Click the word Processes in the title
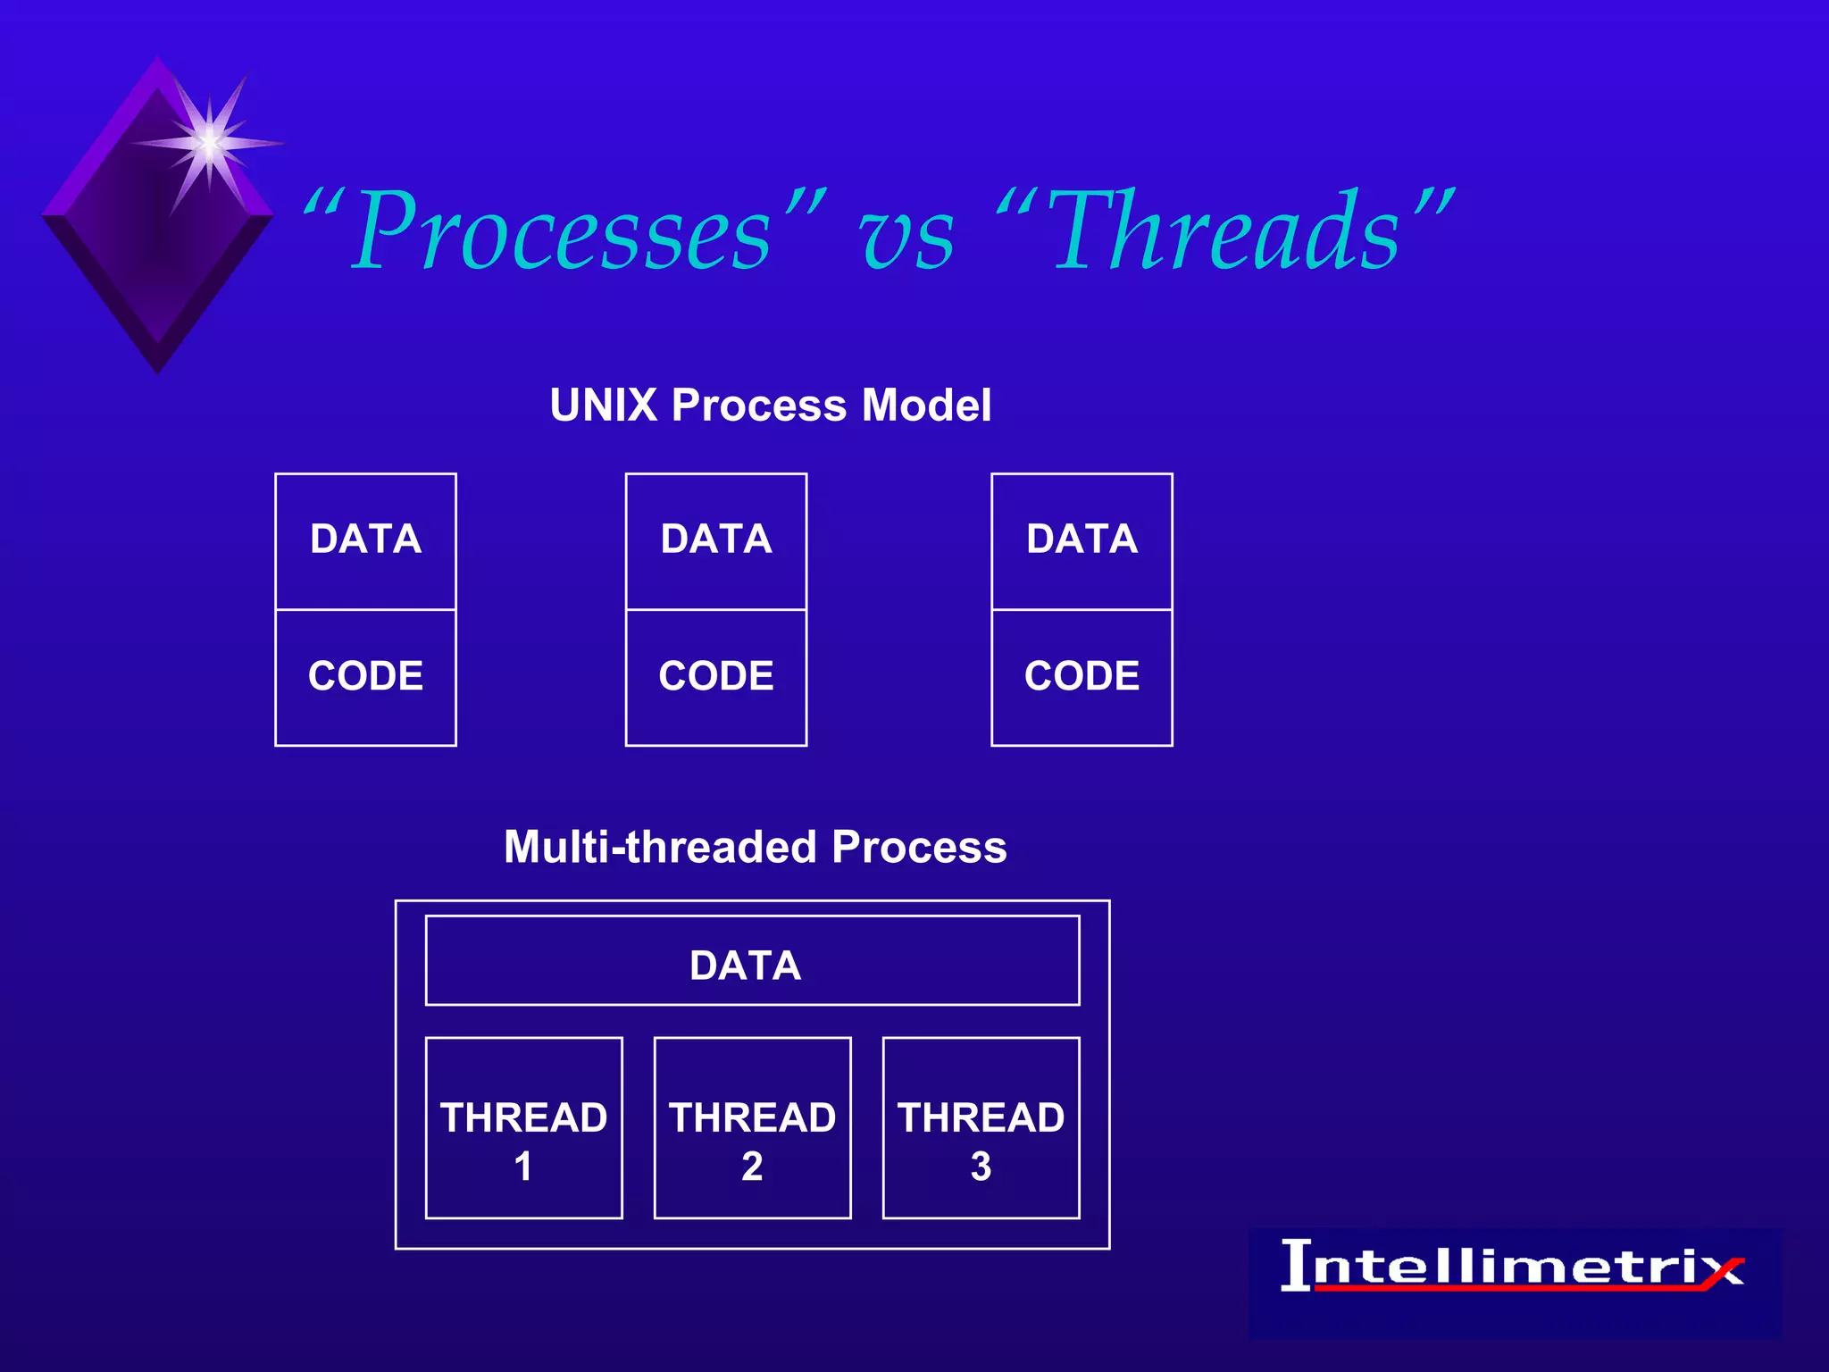(x=563, y=232)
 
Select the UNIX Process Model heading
(x=770, y=405)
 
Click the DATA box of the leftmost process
(x=365, y=540)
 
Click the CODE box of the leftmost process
(x=365, y=676)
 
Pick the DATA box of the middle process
(x=716, y=540)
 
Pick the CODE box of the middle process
(x=716, y=676)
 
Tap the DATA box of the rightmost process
(x=1082, y=540)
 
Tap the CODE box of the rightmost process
(x=1082, y=676)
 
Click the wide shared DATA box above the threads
(x=752, y=961)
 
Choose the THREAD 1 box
(x=523, y=1128)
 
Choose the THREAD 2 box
(x=752, y=1128)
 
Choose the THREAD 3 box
(x=981, y=1128)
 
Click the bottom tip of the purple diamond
(x=158, y=368)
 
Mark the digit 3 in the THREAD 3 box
(x=981, y=1167)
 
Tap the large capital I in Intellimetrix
(x=1297, y=1265)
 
